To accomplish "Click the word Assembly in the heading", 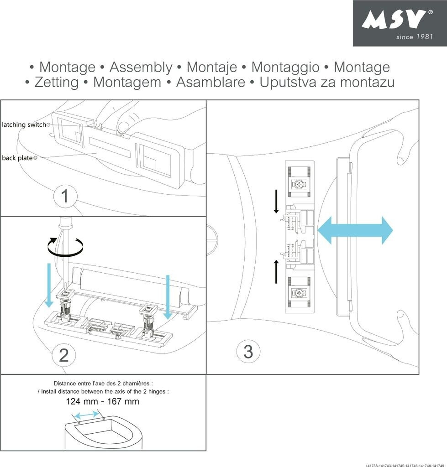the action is coord(141,67).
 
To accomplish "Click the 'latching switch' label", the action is coord(24,125).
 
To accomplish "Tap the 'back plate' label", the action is coord(17,158).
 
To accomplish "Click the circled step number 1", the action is coord(64,197).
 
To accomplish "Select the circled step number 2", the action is coord(63,355).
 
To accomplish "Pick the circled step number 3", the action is coord(248,352).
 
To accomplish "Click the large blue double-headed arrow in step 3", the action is coord(355,230).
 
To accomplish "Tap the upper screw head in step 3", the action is coord(300,185).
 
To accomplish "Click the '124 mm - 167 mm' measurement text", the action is coord(102,402).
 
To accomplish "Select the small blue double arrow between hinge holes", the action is coord(87,415).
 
